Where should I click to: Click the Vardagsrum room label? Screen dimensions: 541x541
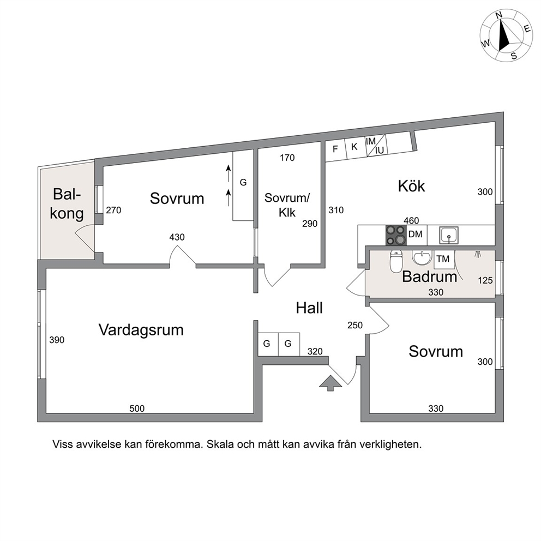tap(141, 330)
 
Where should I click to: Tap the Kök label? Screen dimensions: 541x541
tap(411, 186)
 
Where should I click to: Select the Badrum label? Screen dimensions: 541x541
tap(430, 276)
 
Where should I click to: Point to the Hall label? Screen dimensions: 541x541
tap(309, 308)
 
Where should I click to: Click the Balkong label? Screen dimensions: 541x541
tap(67, 204)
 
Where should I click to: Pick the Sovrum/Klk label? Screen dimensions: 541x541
tap(287, 205)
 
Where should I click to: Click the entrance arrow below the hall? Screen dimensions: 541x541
tap(330, 383)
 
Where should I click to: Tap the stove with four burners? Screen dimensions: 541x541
tap(396, 235)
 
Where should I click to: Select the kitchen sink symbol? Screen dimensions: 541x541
tap(449, 235)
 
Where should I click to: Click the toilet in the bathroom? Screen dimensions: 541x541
tap(396, 261)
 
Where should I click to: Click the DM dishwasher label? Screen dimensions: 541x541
tap(416, 235)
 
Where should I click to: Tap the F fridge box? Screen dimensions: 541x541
tap(335, 150)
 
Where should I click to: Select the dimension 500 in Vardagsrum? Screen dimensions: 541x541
tap(137, 408)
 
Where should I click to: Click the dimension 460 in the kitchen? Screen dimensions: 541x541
tap(411, 220)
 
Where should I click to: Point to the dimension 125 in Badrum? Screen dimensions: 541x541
tap(485, 280)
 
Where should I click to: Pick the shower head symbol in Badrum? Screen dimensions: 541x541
tap(478, 255)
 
